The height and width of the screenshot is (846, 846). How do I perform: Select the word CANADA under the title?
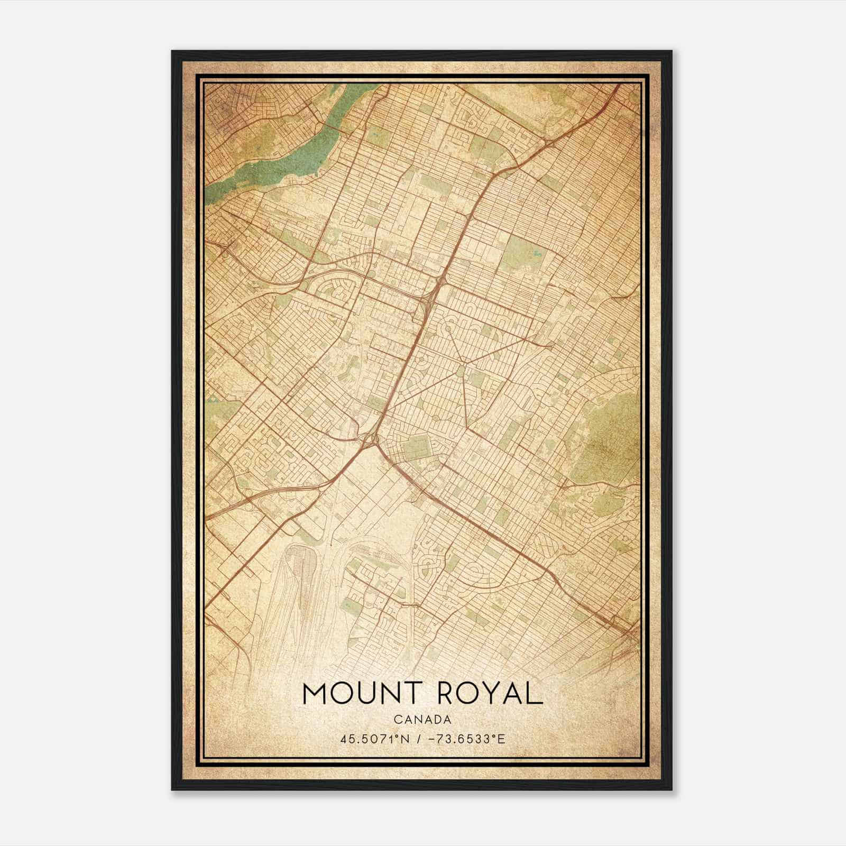(x=422, y=720)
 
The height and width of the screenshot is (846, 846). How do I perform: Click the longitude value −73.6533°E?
(x=464, y=739)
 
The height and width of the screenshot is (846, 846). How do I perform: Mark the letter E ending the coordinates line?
(x=502, y=739)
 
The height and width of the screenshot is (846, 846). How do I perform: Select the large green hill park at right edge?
(x=608, y=434)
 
